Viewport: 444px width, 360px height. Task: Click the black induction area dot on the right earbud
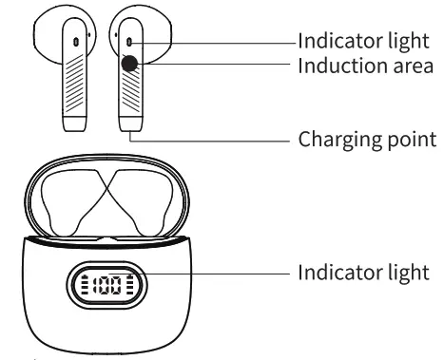[x=130, y=63]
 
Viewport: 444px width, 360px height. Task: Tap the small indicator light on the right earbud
[x=129, y=42]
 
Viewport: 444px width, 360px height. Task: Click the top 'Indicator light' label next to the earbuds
[x=360, y=41]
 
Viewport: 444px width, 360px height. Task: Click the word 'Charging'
[x=333, y=140]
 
